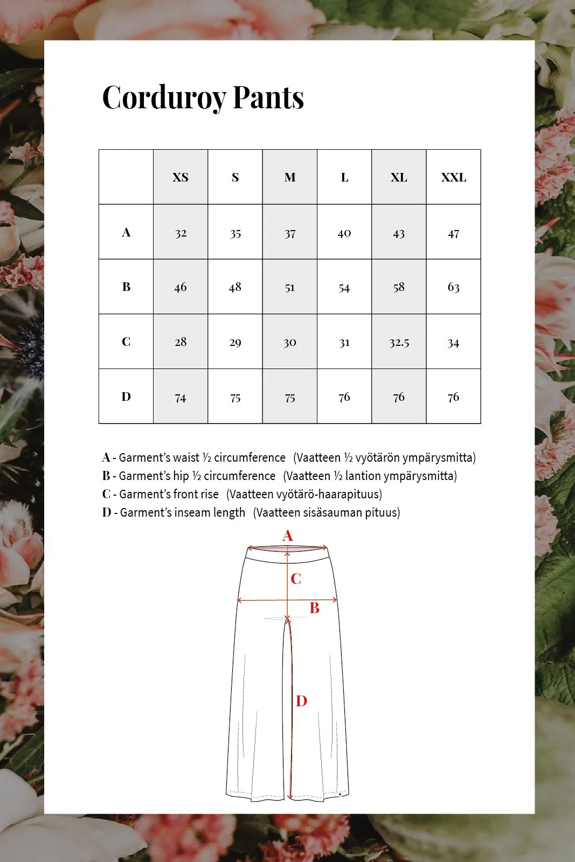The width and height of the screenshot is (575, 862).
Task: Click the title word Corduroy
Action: (x=164, y=98)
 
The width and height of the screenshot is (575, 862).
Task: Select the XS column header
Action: (x=181, y=177)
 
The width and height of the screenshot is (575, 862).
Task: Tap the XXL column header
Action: (x=454, y=177)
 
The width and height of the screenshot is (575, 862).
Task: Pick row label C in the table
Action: (x=126, y=342)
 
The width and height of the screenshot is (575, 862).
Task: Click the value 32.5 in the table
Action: (x=399, y=343)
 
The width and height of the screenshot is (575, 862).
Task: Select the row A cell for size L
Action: (x=344, y=233)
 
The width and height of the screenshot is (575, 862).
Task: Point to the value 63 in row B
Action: (x=454, y=287)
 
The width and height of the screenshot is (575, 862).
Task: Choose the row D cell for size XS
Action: (x=181, y=398)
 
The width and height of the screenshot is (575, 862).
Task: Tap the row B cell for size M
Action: (x=290, y=288)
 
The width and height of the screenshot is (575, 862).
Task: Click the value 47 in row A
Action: (x=454, y=233)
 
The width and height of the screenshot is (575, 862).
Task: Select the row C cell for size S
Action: (x=235, y=343)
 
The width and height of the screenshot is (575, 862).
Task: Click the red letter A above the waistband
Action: (x=288, y=536)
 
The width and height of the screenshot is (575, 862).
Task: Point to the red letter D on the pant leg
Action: (x=301, y=701)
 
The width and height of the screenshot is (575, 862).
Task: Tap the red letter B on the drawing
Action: (x=315, y=608)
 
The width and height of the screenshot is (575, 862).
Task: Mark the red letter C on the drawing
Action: (x=296, y=579)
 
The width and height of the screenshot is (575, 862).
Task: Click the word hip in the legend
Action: (x=181, y=476)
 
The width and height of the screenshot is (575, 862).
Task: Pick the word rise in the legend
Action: (x=209, y=494)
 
